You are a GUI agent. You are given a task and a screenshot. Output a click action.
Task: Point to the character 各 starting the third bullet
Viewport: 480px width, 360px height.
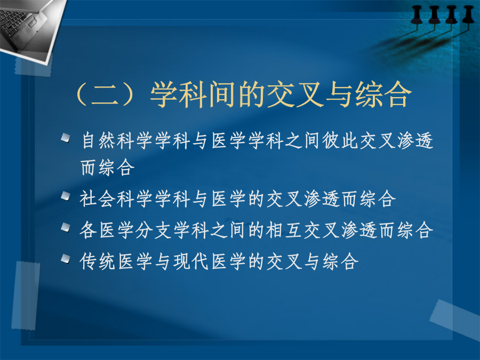pos(89,230)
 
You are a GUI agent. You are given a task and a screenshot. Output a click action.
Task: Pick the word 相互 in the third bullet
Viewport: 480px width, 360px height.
pos(284,230)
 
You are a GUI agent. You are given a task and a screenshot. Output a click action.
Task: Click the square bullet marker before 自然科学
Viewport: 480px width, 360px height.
pos(66,138)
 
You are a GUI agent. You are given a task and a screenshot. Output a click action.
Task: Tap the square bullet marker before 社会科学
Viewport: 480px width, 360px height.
pos(66,196)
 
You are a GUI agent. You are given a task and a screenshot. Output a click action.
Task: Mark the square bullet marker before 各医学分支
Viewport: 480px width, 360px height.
pos(66,227)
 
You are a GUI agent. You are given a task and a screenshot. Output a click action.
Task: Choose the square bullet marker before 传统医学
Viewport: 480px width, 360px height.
pos(66,259)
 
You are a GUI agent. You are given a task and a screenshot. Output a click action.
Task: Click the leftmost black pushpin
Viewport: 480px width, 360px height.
pos(417,15)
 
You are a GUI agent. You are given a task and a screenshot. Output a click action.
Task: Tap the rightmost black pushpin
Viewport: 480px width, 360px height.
pos(468,15)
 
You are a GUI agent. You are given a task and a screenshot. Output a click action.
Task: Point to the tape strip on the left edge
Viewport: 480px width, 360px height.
pos(26,295)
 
